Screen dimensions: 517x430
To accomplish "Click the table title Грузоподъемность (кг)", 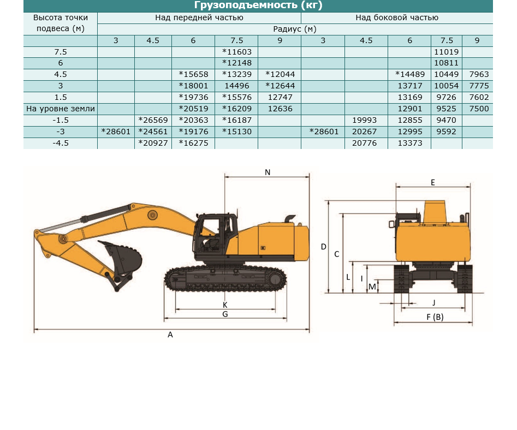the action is pos(258,5).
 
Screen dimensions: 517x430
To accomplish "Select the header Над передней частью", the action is pos(199,18).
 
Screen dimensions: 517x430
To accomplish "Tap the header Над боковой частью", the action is pos(397,18).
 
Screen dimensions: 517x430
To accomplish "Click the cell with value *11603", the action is pos(237,52).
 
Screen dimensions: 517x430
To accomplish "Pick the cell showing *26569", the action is pos(153,120).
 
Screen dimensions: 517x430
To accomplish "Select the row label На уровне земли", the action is pos(61,109).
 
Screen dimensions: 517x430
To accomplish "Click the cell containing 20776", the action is pos(364,144).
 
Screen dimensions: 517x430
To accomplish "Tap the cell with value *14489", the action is pos(410,74).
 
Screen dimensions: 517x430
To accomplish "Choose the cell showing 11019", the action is pos(447,52).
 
